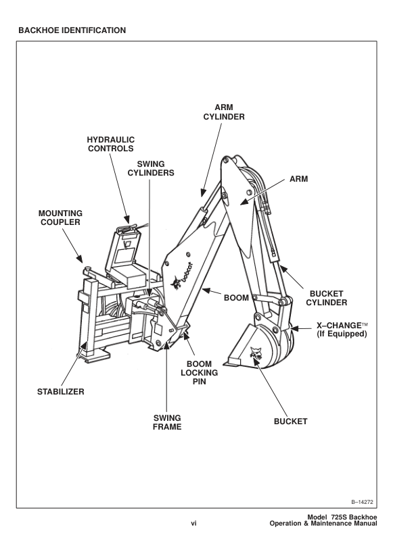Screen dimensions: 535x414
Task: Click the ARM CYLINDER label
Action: coord(224,111)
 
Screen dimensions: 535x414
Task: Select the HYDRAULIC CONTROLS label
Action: coord(111,144)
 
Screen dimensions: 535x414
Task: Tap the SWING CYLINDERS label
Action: coord(151,168)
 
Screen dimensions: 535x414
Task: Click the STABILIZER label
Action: coord(60,391)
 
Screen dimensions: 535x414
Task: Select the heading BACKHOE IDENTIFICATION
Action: coord(72,30)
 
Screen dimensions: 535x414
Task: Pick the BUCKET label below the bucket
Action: coord(290,422)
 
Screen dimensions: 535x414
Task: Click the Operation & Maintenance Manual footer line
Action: coord(323,524)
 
